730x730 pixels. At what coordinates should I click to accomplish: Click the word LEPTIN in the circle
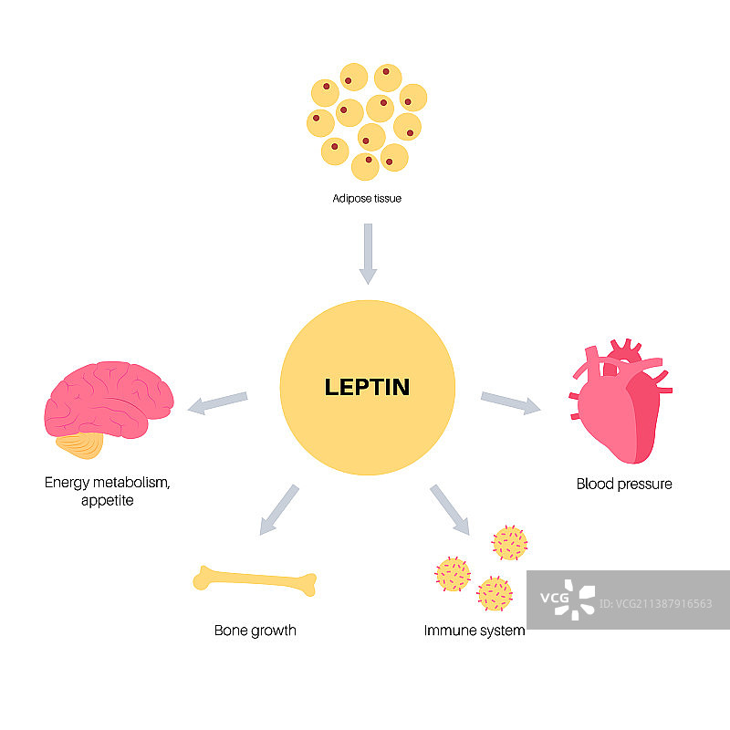[367, 387]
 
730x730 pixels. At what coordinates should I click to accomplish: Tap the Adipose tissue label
[367, 197]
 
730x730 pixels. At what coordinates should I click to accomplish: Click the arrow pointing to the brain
[217, 402]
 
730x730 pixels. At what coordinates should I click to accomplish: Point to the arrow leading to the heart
[510, 402]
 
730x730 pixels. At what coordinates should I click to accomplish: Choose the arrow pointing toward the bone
[278, 508]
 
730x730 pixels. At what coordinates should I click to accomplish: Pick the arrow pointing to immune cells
[449, 509]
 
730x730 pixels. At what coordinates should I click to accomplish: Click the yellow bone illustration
[255, 580]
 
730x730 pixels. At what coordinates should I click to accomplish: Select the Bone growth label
[255, 631]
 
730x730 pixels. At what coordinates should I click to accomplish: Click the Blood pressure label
[624, 485]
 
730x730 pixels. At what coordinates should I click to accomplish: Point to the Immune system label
[474, 631]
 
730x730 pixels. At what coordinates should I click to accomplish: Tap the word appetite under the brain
[107, 501]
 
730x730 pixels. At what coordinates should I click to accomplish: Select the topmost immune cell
[510, 543]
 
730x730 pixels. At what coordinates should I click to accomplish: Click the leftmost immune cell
[452, 575]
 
